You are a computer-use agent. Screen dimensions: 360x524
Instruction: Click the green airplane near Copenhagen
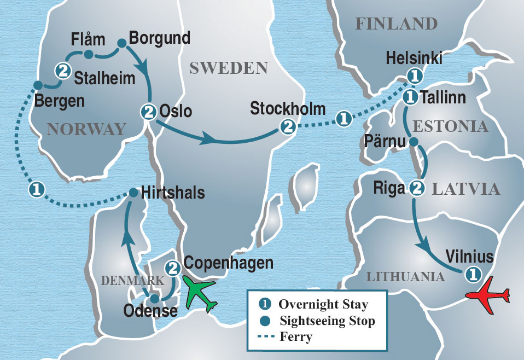pyautogui.click(x=200, y=294)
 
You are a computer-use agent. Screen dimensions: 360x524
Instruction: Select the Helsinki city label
pyautogui.click(x=414, y=58)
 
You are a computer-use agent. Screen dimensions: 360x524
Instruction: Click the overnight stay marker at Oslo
pyautogui.click(x=148, y=112)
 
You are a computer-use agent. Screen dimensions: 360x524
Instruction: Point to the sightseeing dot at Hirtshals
pyautogui.click(x=133, y=193)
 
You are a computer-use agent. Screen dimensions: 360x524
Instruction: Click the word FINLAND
pyautogui.click(x=396, y=24)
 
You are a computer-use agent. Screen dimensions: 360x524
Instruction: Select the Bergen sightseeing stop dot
pyautogui.click(x=37, y=85)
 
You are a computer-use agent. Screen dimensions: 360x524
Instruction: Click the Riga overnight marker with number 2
pyautogui.click(x=417, y=188)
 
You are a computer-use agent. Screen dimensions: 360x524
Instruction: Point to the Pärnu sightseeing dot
pyautogui.click(x=414, y=142)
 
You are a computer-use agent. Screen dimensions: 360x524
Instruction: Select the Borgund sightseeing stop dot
pyautogui.click(x=122, y=42)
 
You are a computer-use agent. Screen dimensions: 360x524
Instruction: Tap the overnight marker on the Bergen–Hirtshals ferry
pyautogui.click(x=36, y=190)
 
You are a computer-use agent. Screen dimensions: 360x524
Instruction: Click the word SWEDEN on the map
pyautogui.click(x=228, y=68)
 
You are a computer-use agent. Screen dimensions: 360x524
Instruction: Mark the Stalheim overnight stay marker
pyautogui.click(x=63, y=70)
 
